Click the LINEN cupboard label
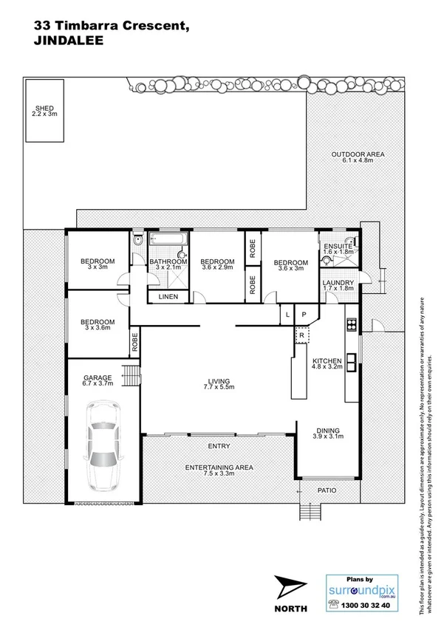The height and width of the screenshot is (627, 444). (168, 297)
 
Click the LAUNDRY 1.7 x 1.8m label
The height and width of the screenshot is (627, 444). (338, 285)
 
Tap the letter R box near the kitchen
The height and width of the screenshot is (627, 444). (301, 336)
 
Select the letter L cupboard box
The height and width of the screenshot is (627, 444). (287, 315)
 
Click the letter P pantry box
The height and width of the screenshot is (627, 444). (304, 315)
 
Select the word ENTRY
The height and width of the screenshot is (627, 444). (219, 446)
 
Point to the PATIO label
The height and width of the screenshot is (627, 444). (327, 489)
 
